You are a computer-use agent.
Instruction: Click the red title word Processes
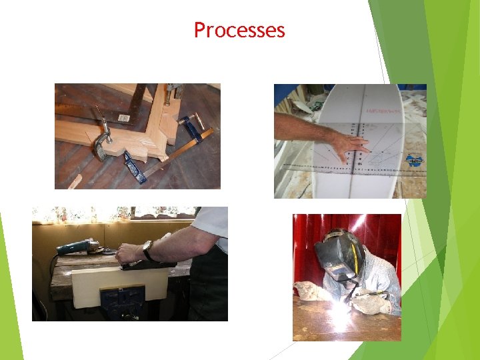[239, 30]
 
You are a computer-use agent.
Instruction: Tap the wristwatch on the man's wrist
[149, 250]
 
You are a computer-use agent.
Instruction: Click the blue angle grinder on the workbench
[79, 246]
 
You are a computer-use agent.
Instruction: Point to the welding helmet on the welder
[340, 257]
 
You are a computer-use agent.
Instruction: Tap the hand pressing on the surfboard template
[352, 146]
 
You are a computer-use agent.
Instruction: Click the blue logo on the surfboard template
[414, 160]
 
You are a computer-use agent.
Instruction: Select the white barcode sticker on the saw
[124, 118]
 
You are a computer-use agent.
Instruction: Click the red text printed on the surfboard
[383, 111]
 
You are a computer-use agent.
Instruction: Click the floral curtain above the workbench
[115, 214]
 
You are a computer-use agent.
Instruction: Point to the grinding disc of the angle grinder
[109, 252]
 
